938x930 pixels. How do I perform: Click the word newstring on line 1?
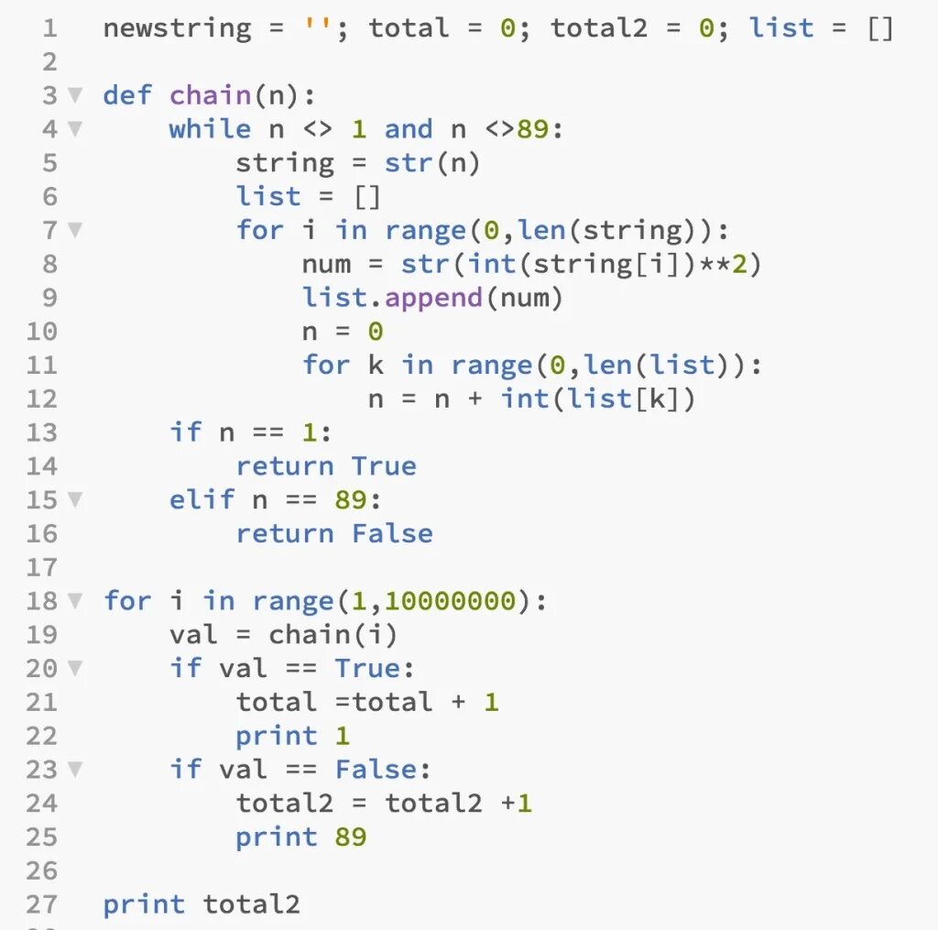177,28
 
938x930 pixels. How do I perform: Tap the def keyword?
127,95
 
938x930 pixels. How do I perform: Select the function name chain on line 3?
211,95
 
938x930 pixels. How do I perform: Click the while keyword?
210,129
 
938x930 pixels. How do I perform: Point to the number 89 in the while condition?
533,129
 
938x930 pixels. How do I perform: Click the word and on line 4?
409,129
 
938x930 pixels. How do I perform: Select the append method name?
434,298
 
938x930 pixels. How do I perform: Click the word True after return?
384,466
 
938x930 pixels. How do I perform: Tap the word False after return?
392,534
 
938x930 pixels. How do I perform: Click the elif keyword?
202,500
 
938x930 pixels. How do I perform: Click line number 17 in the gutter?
41,568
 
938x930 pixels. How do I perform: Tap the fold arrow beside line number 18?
75,602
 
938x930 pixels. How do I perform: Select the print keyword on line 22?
277,737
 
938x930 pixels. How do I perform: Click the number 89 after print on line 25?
350,837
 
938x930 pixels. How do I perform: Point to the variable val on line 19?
193,635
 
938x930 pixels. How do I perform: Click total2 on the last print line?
251,905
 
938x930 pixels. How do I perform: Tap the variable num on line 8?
326,265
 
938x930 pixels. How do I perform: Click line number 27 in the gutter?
41,905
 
